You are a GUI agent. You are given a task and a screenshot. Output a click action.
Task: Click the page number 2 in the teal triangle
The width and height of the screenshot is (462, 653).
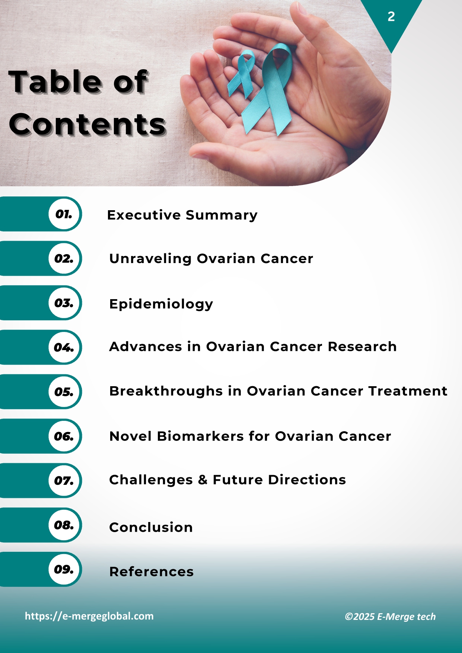coord(391,17)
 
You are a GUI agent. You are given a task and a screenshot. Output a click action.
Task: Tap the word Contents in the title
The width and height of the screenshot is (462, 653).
coord(87,124)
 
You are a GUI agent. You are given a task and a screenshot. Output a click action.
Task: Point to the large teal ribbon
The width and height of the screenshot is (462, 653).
coord(272,89)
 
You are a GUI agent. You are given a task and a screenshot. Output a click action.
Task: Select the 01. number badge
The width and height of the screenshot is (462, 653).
coord(64,214)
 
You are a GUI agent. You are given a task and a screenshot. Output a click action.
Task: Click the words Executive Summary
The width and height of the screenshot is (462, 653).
coord(182,215)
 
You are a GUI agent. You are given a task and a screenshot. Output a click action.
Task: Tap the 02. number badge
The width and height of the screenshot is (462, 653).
coord(64,259)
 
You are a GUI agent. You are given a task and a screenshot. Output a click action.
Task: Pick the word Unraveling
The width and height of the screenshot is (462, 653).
coord(150,259)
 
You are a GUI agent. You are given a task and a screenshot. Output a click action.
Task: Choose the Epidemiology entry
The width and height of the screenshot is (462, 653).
coord(161,304)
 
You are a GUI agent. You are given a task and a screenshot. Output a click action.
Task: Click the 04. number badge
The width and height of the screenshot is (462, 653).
coord(64,348)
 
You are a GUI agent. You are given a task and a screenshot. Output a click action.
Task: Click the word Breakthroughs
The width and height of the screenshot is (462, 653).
coord(166,391)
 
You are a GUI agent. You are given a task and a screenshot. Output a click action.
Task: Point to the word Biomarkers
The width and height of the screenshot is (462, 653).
coord(200,436)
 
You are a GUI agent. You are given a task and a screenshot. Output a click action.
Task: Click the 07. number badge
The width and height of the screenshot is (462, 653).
coord(64,481)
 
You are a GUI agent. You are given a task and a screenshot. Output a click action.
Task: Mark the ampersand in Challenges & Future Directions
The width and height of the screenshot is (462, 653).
coord(203,480)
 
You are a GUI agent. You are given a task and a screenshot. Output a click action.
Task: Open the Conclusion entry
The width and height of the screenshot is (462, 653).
coord(151,527)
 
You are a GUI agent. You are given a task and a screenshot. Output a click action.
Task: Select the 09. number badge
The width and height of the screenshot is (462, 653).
coord(64,569)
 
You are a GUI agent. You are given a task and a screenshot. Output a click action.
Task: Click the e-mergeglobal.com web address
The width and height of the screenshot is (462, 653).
coord(89,616)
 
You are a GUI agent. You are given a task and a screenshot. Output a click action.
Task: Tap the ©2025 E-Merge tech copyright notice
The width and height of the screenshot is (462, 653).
coord(390,617)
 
